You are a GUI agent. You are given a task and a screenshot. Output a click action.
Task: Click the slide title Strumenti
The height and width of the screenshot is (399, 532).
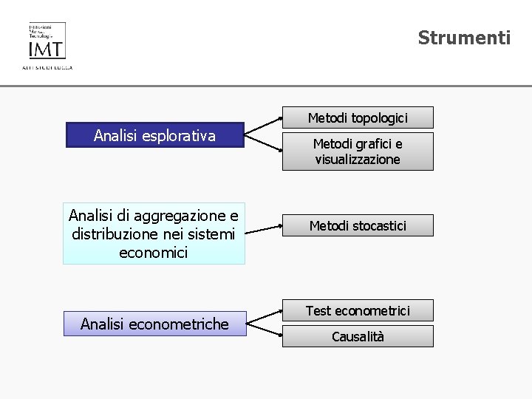[x=464, y=38]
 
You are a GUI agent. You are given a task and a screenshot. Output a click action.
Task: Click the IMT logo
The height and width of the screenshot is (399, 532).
[x=47, y=42]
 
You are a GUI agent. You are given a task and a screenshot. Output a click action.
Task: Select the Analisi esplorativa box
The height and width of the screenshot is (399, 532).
[x=154, y=135]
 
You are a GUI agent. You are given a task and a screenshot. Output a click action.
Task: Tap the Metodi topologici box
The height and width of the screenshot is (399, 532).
[x=358, y=117]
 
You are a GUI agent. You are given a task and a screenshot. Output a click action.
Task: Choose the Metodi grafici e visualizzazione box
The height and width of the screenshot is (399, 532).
[x=358, y=151]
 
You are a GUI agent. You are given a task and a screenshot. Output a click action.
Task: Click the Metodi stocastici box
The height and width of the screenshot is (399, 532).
[x=358, y=225]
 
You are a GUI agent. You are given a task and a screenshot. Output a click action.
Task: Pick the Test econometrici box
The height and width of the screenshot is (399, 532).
[x=358, y=310]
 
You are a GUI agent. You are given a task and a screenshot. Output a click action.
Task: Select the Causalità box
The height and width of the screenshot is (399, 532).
[x=358, y=336]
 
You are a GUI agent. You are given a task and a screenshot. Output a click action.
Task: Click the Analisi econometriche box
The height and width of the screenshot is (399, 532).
[x=154, y=324]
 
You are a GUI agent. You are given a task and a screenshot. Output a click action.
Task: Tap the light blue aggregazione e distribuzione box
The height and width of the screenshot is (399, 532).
[x=154, y=233]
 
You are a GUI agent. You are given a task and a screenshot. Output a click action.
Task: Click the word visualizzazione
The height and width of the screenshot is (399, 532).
[x=358, y=160]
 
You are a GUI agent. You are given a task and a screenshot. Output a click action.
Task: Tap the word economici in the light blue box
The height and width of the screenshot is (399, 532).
[x=154, y=253]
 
